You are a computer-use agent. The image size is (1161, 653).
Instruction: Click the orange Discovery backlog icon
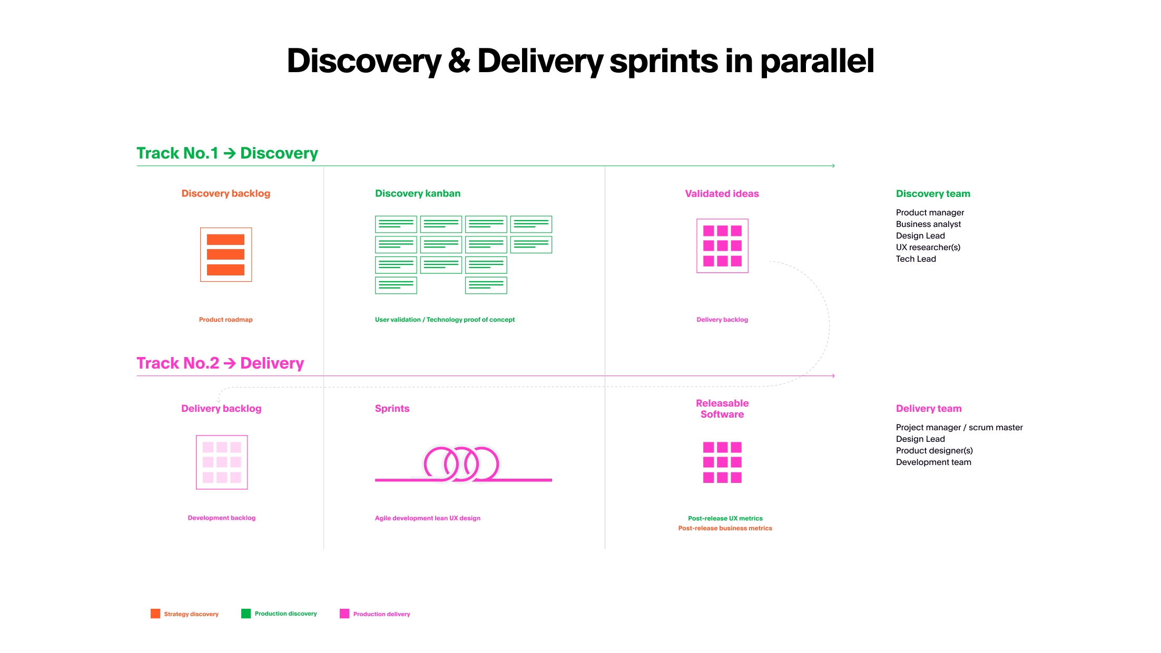(x=225, y=254)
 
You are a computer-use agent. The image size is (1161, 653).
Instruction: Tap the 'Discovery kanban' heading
(x=417, y=193)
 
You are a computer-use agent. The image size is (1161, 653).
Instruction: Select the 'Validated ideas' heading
(x=722, y=193)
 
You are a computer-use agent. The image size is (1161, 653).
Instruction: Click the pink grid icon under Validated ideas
(x=722, y=245)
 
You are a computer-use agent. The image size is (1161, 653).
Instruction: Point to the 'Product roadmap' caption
(x=225, y=320)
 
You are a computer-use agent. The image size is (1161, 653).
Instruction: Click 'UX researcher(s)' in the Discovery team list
(x=928, y=248)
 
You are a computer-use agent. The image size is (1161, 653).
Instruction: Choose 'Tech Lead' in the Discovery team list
(x=916, y=259)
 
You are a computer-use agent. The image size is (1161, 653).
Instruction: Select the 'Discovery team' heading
(x=932, y=193)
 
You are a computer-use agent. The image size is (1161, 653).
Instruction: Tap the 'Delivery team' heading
(x=928, y=408)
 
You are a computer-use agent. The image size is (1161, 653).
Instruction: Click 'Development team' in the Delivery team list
(x=933, y=462)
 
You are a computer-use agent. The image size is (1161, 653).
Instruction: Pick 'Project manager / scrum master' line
(x=959, y=428)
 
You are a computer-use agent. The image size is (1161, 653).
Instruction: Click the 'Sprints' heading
(x=392, y=408)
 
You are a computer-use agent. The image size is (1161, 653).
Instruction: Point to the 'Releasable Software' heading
(x=722, y=409)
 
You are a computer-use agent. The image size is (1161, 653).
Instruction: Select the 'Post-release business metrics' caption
(x=725, y=528)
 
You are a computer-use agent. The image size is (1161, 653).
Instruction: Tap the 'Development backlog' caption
(x=221, y=518)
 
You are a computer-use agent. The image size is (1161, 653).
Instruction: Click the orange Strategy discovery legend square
(x=155, y=614)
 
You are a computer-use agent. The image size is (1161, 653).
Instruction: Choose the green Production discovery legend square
(x=246, y=614)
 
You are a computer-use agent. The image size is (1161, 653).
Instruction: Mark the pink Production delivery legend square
(x=345, y=614)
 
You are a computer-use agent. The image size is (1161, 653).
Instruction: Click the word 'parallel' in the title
(x=816, y=61)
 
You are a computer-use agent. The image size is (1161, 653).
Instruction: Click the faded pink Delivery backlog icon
(x=221, y=462)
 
